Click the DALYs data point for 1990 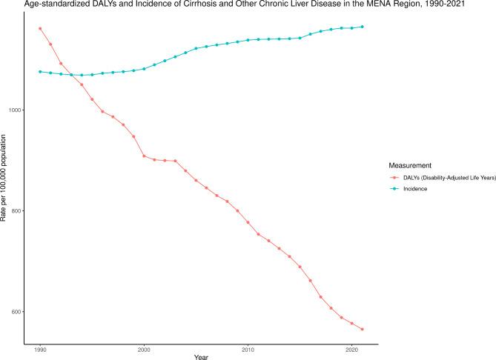[40, 29]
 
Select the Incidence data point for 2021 [363, 27]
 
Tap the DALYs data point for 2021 [363, 329]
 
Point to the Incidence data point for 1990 [40, 72]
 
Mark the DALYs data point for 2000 [144, 156]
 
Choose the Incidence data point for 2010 [248, 40]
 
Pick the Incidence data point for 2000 [144, 69]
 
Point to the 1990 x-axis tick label [40, 347]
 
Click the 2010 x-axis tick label [248, 347]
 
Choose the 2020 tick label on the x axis [352, 347]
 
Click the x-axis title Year [201, 356]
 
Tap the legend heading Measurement [412, 165]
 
